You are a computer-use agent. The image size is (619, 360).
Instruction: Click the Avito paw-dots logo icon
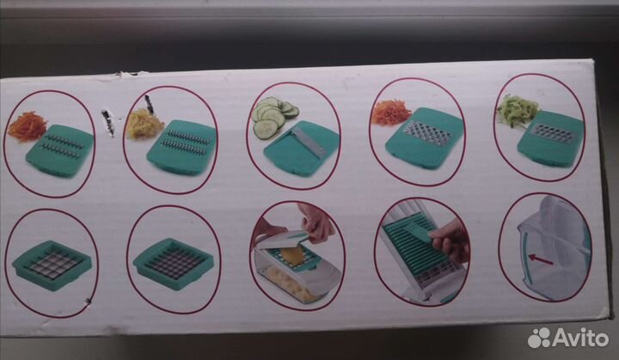(539, 338)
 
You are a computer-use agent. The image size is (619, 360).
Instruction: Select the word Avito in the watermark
(580, 338)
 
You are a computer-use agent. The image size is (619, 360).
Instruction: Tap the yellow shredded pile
(144, 124)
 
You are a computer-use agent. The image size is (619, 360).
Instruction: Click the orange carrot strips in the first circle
(27, 126)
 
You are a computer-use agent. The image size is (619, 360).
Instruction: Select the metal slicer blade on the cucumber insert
(309, 141)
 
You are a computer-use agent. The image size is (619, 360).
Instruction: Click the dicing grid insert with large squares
(52, 265)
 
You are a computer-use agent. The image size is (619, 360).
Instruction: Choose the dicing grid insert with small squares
(174, 263)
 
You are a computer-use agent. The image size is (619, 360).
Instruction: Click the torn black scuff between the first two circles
(107, 122)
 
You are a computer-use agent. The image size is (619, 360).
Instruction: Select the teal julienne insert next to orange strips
(59, 150)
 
